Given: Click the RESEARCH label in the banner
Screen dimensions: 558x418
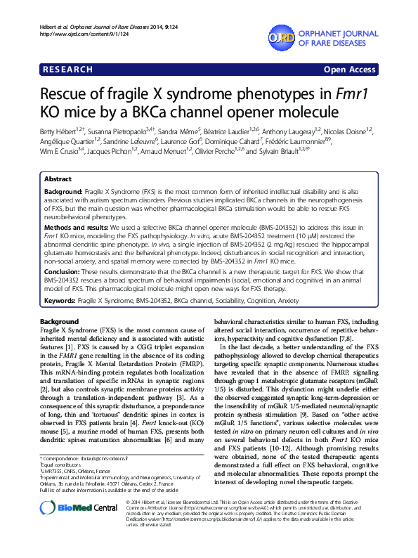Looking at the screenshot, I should (x=68, y=70).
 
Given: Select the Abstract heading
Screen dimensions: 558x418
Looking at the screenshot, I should (x=58, y=179).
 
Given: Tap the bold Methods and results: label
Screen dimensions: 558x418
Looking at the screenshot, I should (x=81, y=228).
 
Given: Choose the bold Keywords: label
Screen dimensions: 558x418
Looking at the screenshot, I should (x=64, y=301).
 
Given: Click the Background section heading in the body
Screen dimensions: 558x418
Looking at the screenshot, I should (x=60, y=321).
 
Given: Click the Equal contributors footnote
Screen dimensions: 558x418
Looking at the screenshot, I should (x=64, y=484).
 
